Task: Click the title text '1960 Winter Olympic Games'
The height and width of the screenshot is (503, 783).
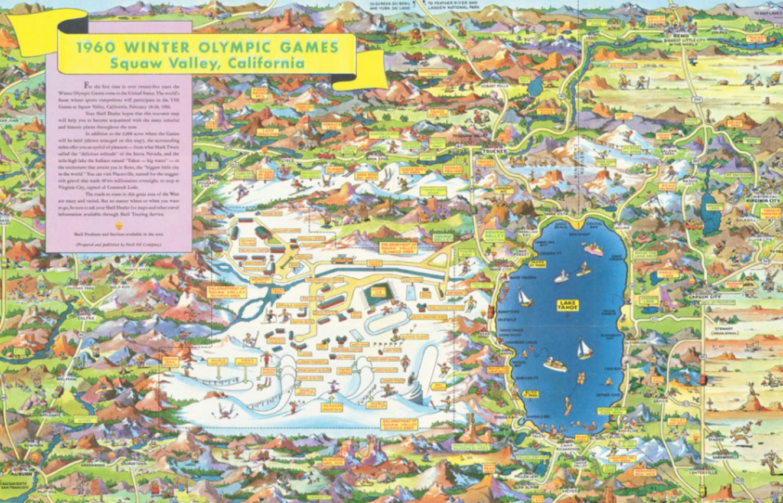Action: [206, 47]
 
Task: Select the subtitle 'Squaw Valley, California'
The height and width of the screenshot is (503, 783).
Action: [206, 63]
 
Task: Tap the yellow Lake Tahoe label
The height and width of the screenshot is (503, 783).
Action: [569, 305]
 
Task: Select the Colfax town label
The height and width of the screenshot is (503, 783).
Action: [86, 318]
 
